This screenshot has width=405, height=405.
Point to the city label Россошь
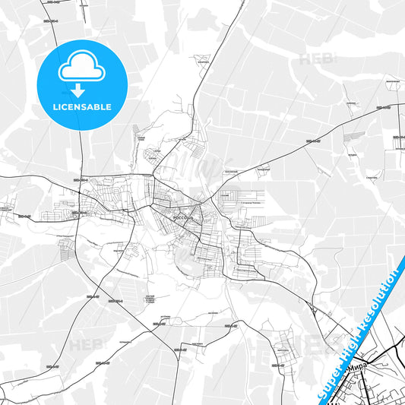[183, 217]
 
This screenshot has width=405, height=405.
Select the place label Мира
[357, 365]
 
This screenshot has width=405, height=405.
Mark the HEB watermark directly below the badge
[83, 346]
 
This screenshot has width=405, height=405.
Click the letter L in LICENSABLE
[54, 107]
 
